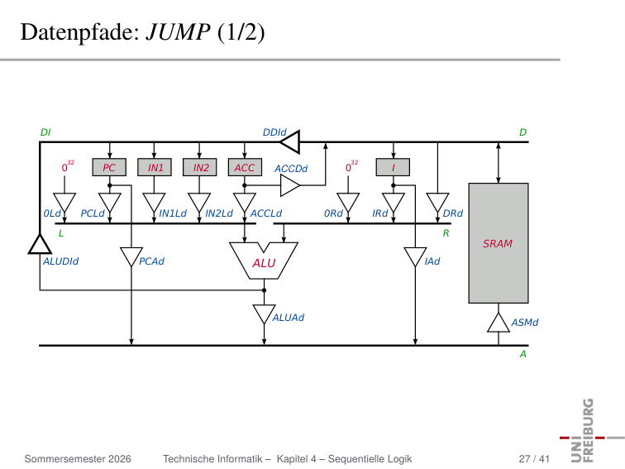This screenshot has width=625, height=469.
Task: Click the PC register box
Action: click(x=109, y=167)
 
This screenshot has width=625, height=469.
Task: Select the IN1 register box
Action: click(x=155, y=167)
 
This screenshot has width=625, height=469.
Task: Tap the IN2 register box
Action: click(x=200, y=167)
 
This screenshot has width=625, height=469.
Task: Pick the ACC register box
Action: click(x=246, y=167)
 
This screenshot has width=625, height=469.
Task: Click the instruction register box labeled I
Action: click(x=393, y=167)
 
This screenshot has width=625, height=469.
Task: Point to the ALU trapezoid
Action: click(x=264, y=261)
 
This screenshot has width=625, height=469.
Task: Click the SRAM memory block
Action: click(x=499, y=243)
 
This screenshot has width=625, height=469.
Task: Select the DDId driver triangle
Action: click(x=290, y=142)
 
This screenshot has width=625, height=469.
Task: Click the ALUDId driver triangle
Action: click(x=40, y=245)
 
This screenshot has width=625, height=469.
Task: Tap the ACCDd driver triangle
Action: click(x=290, y=185)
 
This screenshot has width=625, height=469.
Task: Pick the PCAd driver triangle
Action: click(x=131, y=256)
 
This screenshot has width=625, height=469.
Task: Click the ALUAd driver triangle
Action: click(x=264, y=314)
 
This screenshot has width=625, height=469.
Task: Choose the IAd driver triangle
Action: click(x=415, y=256)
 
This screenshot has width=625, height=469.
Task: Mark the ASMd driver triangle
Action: click(x=499, y=323)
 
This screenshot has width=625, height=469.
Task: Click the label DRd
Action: click(x=453, y=213)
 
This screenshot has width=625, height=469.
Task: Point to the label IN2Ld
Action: click(x=219, y=213)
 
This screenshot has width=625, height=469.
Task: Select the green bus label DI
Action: click(x=45, y=132)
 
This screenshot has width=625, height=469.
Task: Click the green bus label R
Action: click(x=446, y=233)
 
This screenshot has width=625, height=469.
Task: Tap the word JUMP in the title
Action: click(x=178, y=32)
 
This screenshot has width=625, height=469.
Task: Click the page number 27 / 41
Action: click(x=534, y=459)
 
